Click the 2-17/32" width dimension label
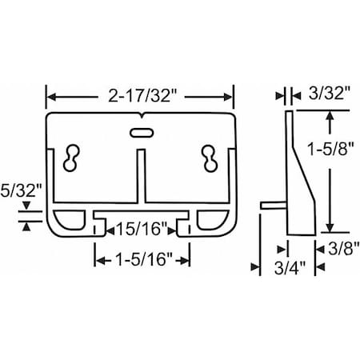tap(141, 97)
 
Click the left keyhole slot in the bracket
tap(70, 157)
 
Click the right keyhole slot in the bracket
tap(211, 157)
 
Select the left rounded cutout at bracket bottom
tap(70, 220)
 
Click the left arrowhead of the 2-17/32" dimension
tap(50, 97)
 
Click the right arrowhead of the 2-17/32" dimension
tap(231, 97)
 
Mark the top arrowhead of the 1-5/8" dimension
tap(329, 116)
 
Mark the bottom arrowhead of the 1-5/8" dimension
tap(329, 230)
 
